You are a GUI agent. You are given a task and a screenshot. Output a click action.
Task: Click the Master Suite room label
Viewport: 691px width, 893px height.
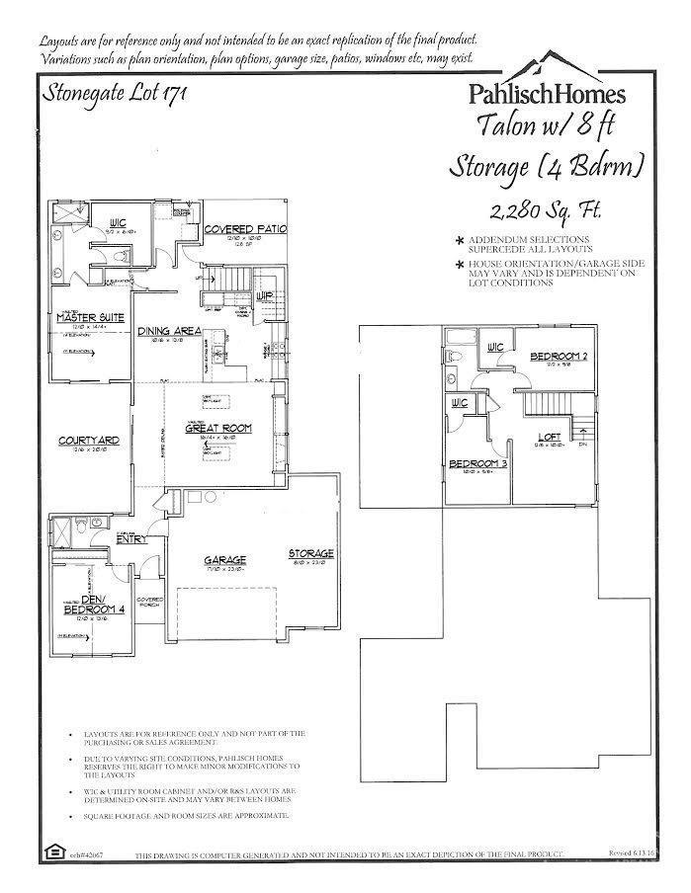pos(90,317)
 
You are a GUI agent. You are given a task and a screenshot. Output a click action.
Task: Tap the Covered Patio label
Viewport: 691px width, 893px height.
pos(245,229)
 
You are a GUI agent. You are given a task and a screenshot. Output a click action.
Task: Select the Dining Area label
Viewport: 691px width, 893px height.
pos(170,331)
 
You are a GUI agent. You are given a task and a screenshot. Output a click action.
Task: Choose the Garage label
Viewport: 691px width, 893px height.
pos(225,559)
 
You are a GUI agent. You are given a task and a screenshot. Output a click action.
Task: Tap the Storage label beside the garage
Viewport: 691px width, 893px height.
pos(311,553)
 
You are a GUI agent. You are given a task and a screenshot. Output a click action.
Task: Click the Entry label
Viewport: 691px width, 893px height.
pos(131,539)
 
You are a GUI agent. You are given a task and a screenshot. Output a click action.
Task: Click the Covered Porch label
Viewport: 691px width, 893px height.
pos(150,603)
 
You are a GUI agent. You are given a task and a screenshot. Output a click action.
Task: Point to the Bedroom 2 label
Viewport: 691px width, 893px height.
pos(560,356)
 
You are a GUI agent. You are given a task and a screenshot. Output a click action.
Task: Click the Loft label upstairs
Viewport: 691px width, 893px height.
pos(549,436)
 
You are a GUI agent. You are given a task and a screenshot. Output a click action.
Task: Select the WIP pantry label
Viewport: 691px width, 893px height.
pos(264,295)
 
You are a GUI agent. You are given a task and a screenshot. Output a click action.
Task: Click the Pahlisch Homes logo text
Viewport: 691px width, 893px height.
pos(546,94)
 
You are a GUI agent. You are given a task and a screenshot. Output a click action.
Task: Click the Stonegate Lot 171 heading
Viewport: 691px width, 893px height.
pos(111,94)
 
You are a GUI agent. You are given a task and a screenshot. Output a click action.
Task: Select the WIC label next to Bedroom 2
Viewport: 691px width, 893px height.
pos(496,347)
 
